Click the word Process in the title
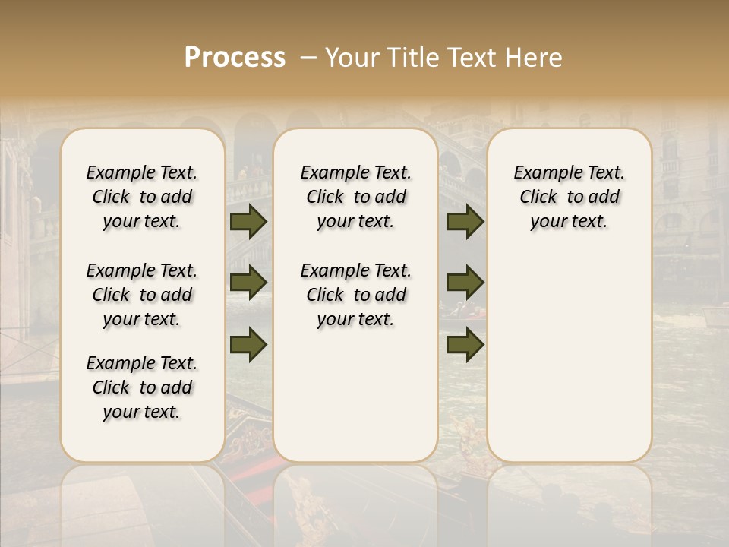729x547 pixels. point(235,58)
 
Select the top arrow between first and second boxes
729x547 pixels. point(248,221)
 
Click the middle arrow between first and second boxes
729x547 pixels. point(248,283)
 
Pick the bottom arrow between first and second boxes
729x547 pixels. point(248,344)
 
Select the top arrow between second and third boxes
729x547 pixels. point(465,221)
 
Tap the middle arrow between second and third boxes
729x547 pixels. point(465,283)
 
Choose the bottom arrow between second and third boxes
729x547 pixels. point(465,344)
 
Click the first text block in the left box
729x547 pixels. point(142,197)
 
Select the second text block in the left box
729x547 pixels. point(142,295)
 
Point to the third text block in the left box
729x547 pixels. point(142,387)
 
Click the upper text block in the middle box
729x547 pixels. point(355,197)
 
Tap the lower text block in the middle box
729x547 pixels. point(355,295)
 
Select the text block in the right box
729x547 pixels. point(570,197)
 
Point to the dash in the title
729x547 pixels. point(308,58)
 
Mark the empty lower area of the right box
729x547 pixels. point(570,357)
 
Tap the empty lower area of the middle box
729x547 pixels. point(355,395)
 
